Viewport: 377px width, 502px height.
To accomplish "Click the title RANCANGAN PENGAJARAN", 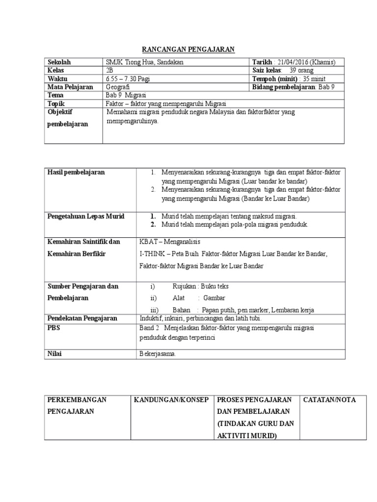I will tap(188, 49).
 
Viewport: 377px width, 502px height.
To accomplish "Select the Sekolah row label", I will tap(59, 62).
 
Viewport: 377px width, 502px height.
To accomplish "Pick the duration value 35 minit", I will tap(315, 79).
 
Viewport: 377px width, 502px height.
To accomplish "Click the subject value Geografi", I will tap(118, 87).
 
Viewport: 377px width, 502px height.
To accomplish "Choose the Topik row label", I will tap(56, 103).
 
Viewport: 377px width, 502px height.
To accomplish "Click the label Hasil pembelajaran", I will tap(76, 173).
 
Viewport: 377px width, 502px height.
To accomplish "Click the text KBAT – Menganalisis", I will tap(170, 242).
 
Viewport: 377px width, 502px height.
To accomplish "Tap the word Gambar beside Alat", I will tap(214, 298).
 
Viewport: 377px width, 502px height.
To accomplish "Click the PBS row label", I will tap(53, 327).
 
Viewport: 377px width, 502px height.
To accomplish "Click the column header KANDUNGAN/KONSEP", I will tap(172, 400).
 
